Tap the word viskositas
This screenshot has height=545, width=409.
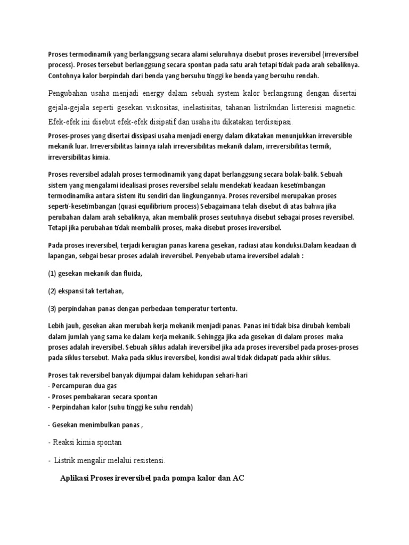point(168,109)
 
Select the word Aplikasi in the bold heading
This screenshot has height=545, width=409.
point(73,478)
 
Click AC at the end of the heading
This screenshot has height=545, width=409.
point(239,478)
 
